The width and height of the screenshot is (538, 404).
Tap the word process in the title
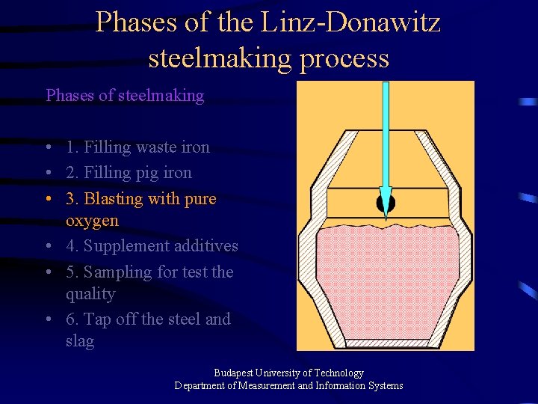coord(343,57)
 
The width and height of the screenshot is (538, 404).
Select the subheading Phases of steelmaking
coord(125,95)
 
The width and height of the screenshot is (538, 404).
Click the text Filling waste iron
coord(137,147)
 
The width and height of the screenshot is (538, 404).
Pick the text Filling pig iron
coord(129,173)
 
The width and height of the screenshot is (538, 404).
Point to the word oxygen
coord(92,221)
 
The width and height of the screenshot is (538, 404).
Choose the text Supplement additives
coord(161,246)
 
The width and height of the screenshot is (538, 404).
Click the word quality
coord(90,294)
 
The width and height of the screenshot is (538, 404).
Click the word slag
coord(80,341)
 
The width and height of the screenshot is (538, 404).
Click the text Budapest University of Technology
coord(288,373)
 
